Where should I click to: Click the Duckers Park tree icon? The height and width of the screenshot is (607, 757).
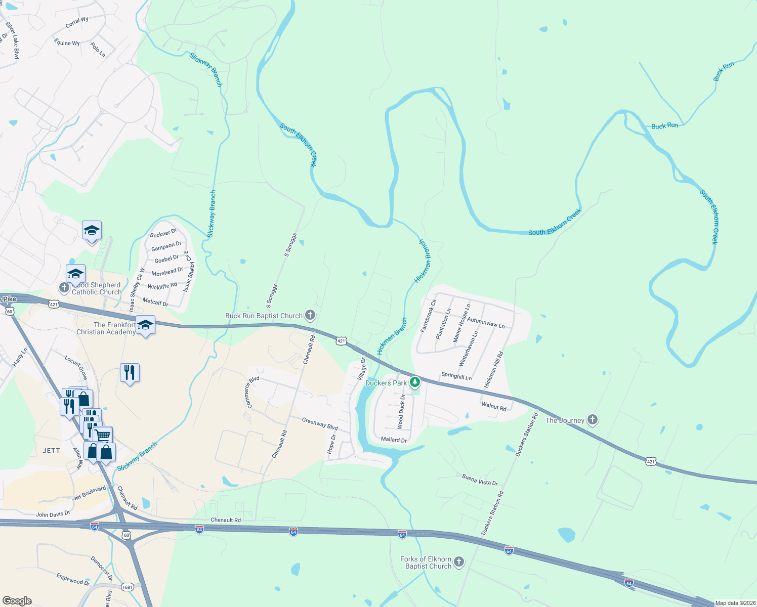point(415,382)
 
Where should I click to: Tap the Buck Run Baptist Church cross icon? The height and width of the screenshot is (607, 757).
point(310,315)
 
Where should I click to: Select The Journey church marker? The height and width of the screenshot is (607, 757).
point(593,420)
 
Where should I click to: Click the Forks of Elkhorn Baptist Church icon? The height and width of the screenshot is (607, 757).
point(459,562)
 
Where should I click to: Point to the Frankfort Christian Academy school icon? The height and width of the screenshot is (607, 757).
point(146,325)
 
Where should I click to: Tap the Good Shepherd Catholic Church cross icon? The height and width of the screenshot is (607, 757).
point(64,288)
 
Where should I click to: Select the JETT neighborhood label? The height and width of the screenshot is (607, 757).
point(51,451)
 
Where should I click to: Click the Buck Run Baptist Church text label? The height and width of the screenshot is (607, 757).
point(264,316)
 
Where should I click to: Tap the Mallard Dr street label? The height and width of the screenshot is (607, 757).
point(394,440)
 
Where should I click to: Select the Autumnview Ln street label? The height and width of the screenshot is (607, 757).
point(486,323)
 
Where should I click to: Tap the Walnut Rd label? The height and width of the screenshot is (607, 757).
point(494,406)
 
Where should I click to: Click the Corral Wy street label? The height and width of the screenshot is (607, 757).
point(77,23)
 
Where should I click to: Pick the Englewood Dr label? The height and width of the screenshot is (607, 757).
point(73,579)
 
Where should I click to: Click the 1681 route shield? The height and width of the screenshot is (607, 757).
point(127,587)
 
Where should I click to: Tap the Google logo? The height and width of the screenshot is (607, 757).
point(17,600)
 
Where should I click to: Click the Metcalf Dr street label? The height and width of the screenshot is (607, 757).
point(155,302)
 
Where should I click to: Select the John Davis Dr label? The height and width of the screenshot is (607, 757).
point(53,514)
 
